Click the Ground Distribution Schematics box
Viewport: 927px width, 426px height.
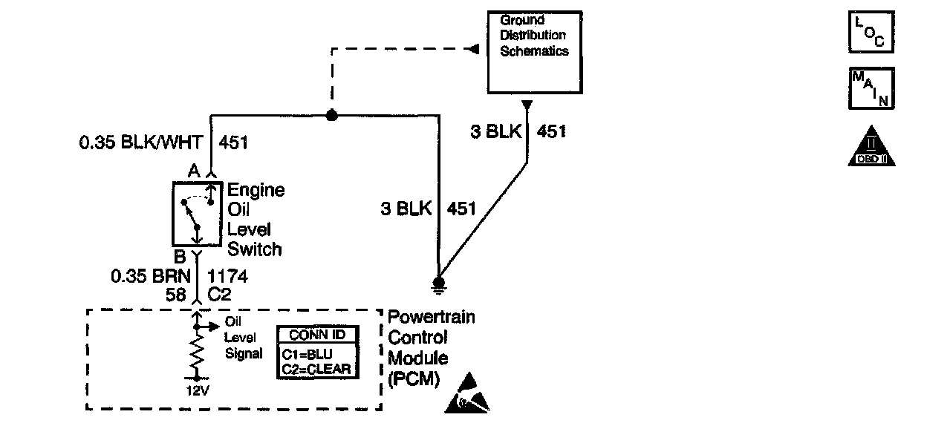[x=535, y=53]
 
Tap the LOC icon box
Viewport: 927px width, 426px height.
[x=871, y=32]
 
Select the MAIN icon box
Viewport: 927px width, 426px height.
[x=871, y=88]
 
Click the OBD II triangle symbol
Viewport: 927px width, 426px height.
[x=871, y=146]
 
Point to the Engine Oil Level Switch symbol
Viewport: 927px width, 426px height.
[x=198, y=214]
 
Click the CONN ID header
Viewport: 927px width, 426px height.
[x=317, y=335]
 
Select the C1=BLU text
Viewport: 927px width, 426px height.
[x=307, y=355]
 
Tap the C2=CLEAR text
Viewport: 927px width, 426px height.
[x=316, y=369]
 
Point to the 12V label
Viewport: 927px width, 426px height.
[x=198, y=390]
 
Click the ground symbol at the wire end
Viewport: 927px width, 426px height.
[x=438, y=285]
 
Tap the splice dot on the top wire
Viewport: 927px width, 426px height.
[x=331, y=115]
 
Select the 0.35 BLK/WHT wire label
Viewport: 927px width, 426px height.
[x=140, y=142]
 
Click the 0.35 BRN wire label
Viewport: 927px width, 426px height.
[x=151, y=276]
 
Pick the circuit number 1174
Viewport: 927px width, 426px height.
[x=227, y=276]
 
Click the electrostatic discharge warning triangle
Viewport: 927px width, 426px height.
[x=467, y=393]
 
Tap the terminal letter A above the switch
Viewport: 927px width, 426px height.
[x=194, y=171]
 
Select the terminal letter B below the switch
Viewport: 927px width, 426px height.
[x=180, y=257]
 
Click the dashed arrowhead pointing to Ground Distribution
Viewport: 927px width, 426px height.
[x=474, y=49]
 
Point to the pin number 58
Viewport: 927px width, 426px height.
[x=176, y=295]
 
